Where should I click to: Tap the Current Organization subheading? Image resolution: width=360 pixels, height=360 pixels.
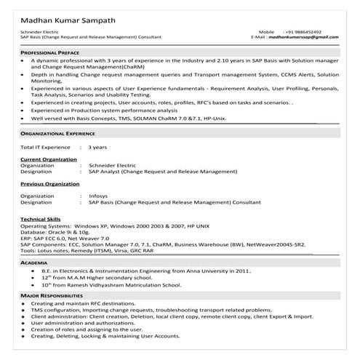pyautogui.click(x=49, y=159)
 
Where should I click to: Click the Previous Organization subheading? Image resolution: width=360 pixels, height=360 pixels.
pyautogui.click(x=50, y=185)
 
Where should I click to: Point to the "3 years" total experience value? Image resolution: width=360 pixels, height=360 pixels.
pyautogui.click(x=97, y=148)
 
